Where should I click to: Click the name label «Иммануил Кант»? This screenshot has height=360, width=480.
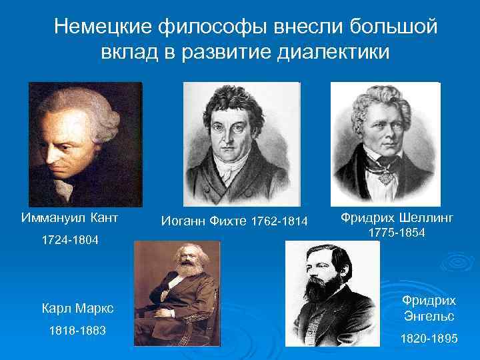[x=70, y=218]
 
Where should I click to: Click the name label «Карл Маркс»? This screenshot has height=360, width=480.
[x=77, y=308]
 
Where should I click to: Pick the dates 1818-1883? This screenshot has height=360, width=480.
[x=77, y=331]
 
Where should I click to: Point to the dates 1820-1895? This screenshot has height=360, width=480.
[x=429, y=339]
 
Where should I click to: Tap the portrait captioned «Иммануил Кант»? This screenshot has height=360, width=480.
[x=85, y=143]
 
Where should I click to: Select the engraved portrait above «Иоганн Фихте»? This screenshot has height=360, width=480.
[x=241, y=144]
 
